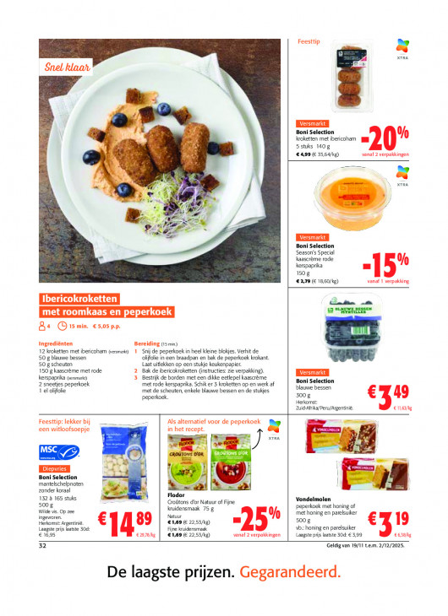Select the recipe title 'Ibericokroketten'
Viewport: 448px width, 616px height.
[81, 299]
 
